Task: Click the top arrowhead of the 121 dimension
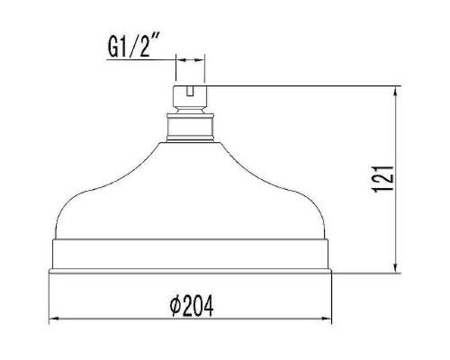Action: click(397, 90)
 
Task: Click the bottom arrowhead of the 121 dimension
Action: click(397, 267)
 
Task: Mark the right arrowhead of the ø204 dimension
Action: click(328, 319)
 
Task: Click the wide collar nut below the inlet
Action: click(190, 128)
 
